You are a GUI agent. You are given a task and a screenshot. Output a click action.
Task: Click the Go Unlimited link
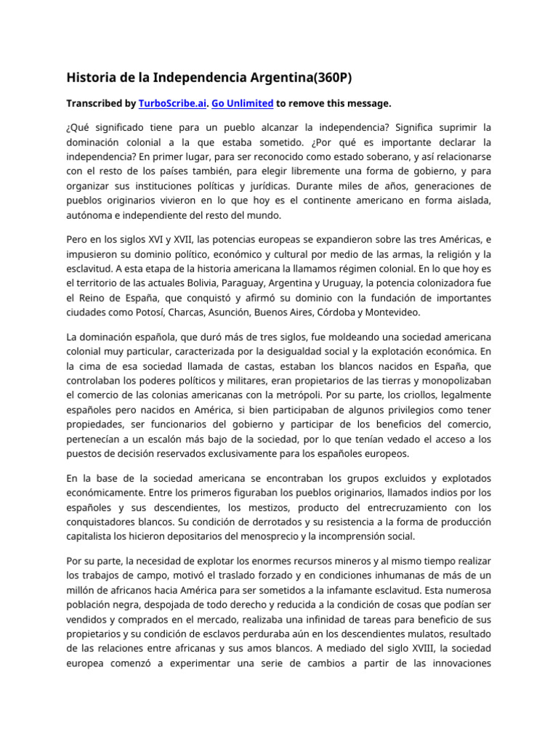tap(243, 104)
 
